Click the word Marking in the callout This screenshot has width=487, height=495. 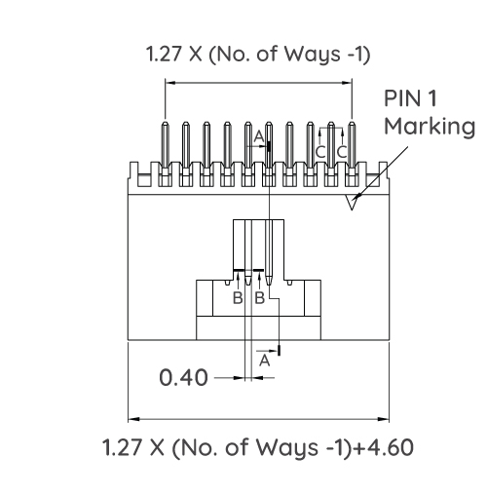point(430,127)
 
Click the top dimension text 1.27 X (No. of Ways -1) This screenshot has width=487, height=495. point(258,54)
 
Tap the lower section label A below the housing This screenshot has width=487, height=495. point(263,360)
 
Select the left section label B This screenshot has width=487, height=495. point(237,297)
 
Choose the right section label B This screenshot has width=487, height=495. point(259,297)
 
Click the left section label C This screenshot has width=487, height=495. point(320,152)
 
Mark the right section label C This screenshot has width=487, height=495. point(342,152)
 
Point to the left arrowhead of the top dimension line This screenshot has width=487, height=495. point(169,84)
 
